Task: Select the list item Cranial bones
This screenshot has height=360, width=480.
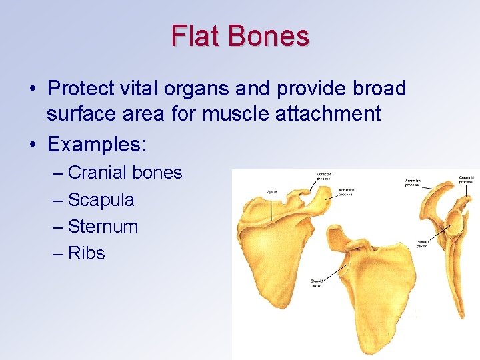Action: (125, 173)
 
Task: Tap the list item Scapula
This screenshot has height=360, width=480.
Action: (101, 199)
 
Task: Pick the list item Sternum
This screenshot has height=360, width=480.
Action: (103, 226)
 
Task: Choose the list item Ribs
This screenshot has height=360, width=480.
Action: (87, 253)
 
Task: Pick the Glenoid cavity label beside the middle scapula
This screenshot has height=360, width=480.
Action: (316, 283)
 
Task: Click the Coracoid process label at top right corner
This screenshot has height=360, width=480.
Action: (466, 179)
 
